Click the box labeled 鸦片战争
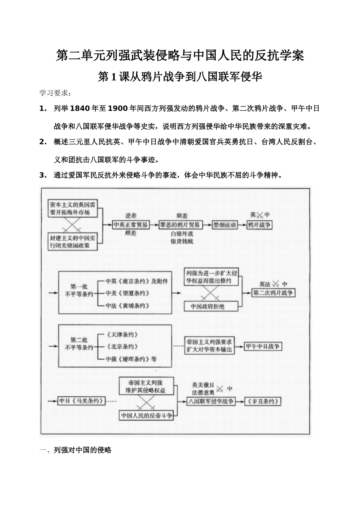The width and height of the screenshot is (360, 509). click(x=259, y=225)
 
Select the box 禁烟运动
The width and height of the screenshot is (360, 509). click(x=225, y=225)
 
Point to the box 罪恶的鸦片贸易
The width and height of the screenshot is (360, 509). click(x=180, y=225)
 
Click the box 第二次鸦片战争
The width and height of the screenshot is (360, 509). click(x=273, y=293)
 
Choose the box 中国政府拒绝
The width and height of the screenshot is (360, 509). click(x=207, y=306)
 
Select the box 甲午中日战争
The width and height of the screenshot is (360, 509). click(x=262, y=346)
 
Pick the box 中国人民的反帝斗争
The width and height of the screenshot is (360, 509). click(x=147, y=416)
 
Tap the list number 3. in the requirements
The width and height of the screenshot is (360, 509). click(x=43, y=175)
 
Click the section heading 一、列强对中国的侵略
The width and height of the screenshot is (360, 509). click(x=75, y=450)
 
